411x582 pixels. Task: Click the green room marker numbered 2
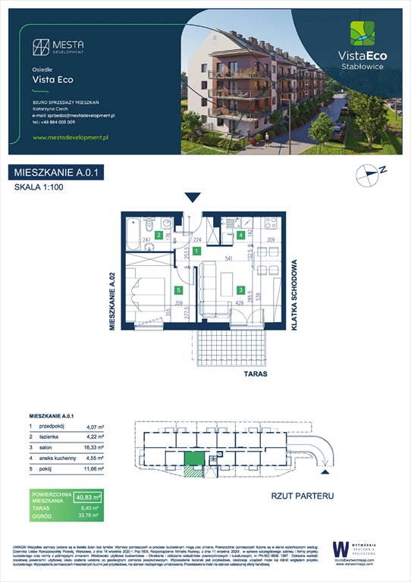click(158, 236)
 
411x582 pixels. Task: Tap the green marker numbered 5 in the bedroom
click(179, 289)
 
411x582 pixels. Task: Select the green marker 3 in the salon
click(240, 289)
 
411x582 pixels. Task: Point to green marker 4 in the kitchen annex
click(240, 236)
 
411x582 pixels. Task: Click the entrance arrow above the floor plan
click(193, 197)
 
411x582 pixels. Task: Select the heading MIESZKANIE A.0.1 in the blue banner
click(57, 174)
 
